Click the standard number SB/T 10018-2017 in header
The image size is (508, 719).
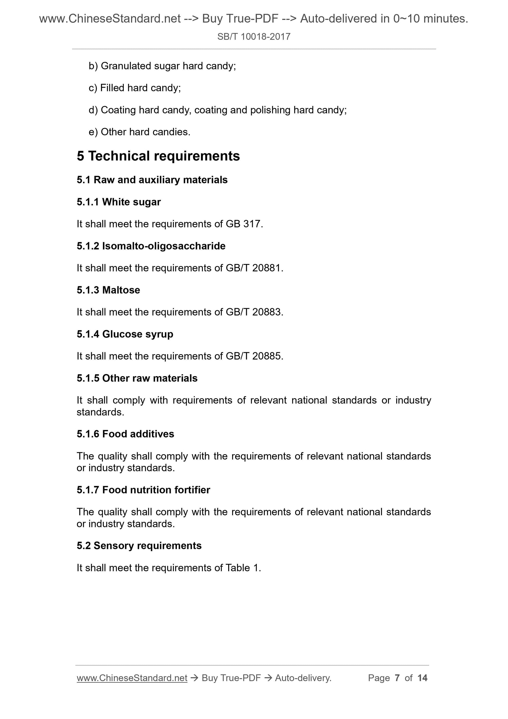tap(253, 37)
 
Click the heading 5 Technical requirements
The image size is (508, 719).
tap(158, 156)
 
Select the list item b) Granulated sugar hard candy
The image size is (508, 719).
tap(162, 66)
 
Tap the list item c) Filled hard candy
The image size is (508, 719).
tap(135, 88)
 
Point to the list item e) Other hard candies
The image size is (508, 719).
tap(139, 132)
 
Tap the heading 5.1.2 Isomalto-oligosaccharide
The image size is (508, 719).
tap(151, 246)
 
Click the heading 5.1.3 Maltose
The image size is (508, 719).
tap(108, 290)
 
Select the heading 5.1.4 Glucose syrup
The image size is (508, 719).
tap(125, 334)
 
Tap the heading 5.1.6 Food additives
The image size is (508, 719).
tap(125, 434)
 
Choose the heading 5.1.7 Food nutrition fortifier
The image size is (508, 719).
tap(143, 490)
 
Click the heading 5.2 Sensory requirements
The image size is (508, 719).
tap(139, 546)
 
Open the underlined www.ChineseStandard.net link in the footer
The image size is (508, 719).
tap(132, 678)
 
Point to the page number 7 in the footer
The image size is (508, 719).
tap(397, 678)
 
